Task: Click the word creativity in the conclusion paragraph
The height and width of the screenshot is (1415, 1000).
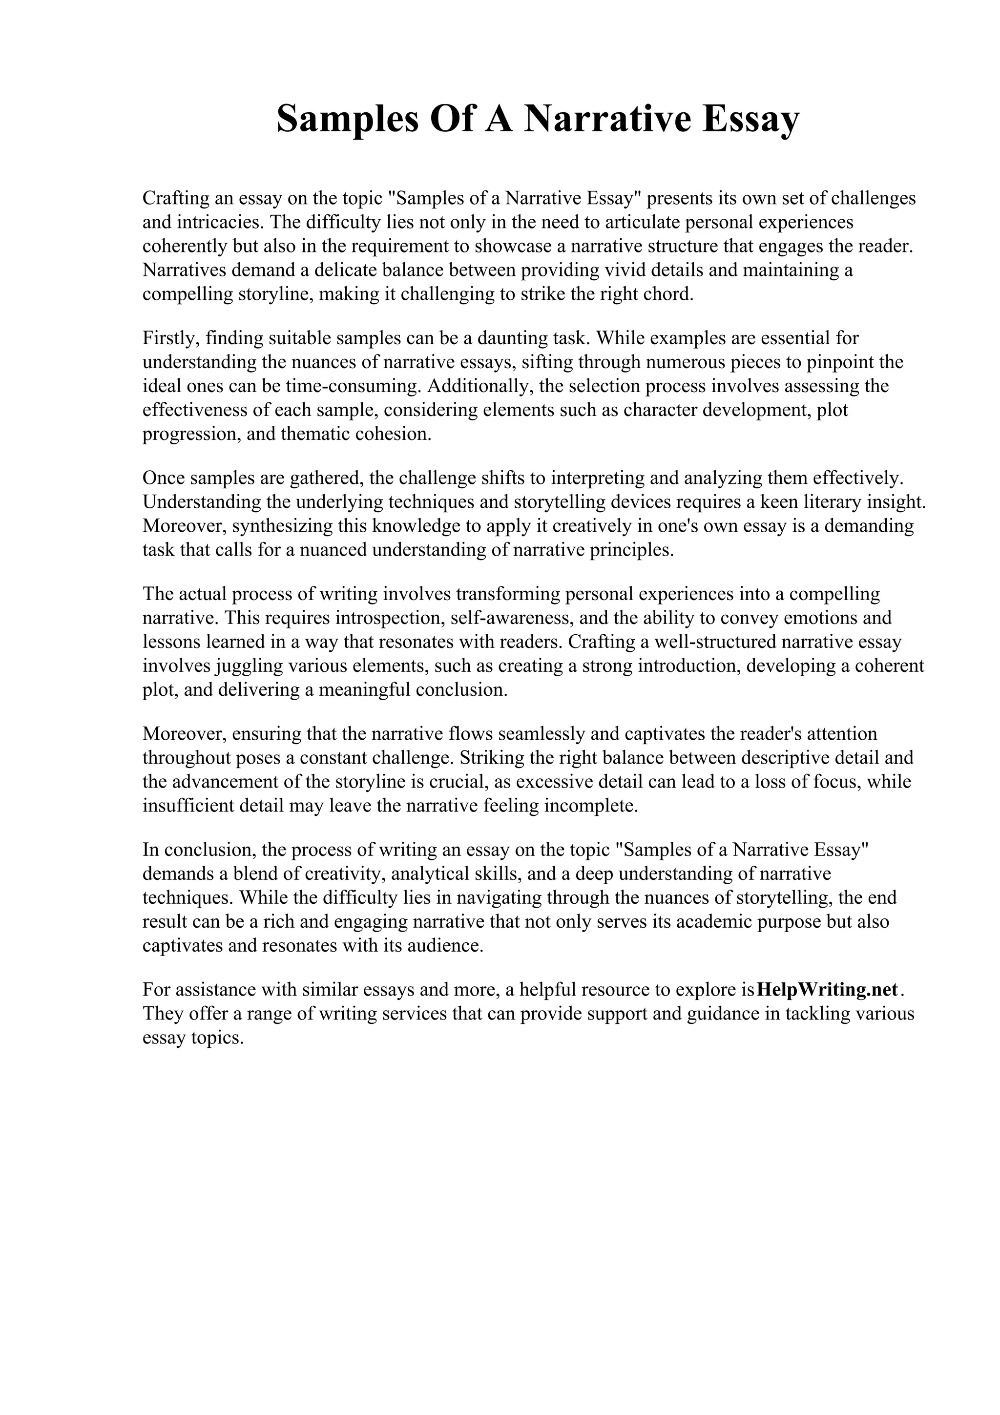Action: (x=343, y=874)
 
